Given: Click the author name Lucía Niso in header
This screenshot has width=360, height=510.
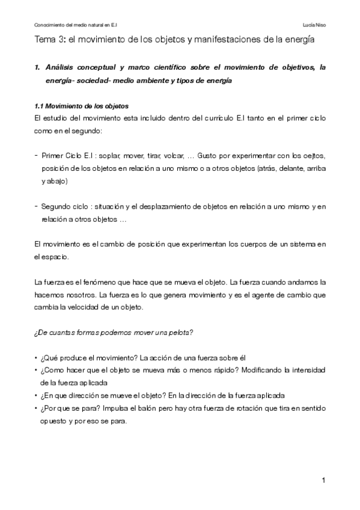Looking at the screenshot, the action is coord(316,25).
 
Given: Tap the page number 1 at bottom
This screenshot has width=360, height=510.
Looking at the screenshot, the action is coord(323,480).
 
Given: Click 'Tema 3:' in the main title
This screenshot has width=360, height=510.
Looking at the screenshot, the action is coord(49,40).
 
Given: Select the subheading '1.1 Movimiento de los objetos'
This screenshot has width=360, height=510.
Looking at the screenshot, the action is coord(81,106).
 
